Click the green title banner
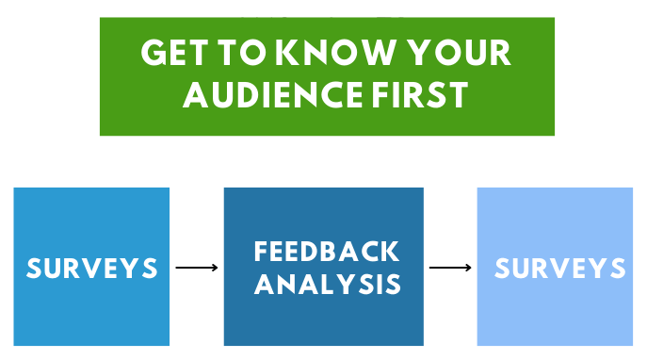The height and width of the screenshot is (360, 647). [x=327, y=118]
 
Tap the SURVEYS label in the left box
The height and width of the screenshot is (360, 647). [x=91, y=268]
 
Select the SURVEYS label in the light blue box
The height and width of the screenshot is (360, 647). [x=559, y=268]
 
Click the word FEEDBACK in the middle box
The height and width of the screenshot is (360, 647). [x=326, y=252]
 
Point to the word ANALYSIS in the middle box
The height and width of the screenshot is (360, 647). [x=327, y=284]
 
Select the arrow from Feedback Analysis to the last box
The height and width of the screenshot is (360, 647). [x=449, y=268]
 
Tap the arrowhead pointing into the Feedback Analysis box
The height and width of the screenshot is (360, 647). [x=216, y=268]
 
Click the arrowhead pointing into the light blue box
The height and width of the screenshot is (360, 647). [x=469, y=268]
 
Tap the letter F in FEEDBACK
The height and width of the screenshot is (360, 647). [x=262, y=252]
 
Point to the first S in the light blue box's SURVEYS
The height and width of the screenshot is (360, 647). [x=504, y=268]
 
